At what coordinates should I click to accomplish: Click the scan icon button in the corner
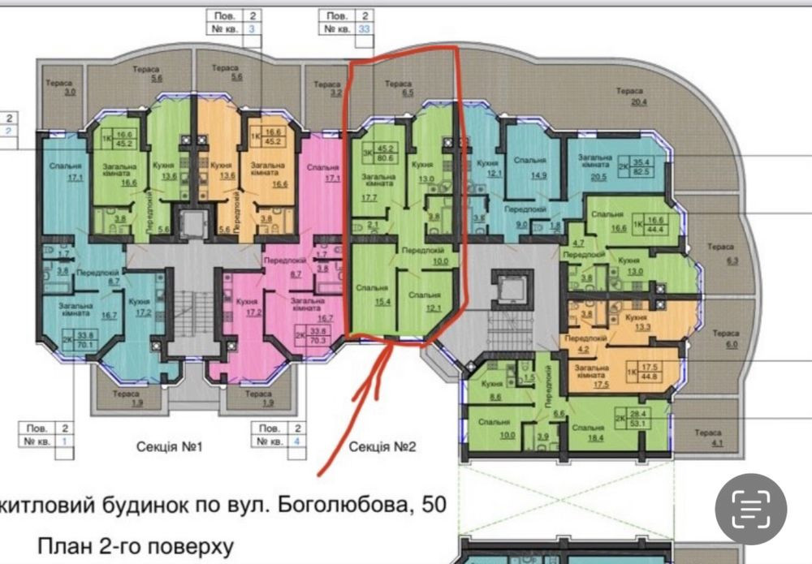coord(750,510)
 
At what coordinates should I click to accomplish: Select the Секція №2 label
coord(382,447)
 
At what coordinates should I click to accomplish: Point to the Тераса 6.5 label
coord(398,88)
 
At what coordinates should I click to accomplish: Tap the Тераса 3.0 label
coord(59,88)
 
